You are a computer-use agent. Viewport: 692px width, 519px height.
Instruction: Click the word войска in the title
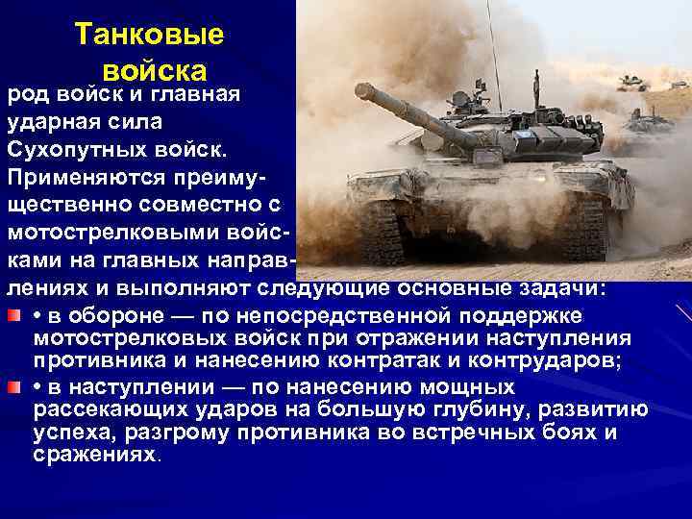tap(154, 71)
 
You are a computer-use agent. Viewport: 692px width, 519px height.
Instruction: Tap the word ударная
tap(49, 122)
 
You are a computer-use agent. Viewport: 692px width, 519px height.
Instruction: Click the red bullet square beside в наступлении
tap(14, 387)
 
